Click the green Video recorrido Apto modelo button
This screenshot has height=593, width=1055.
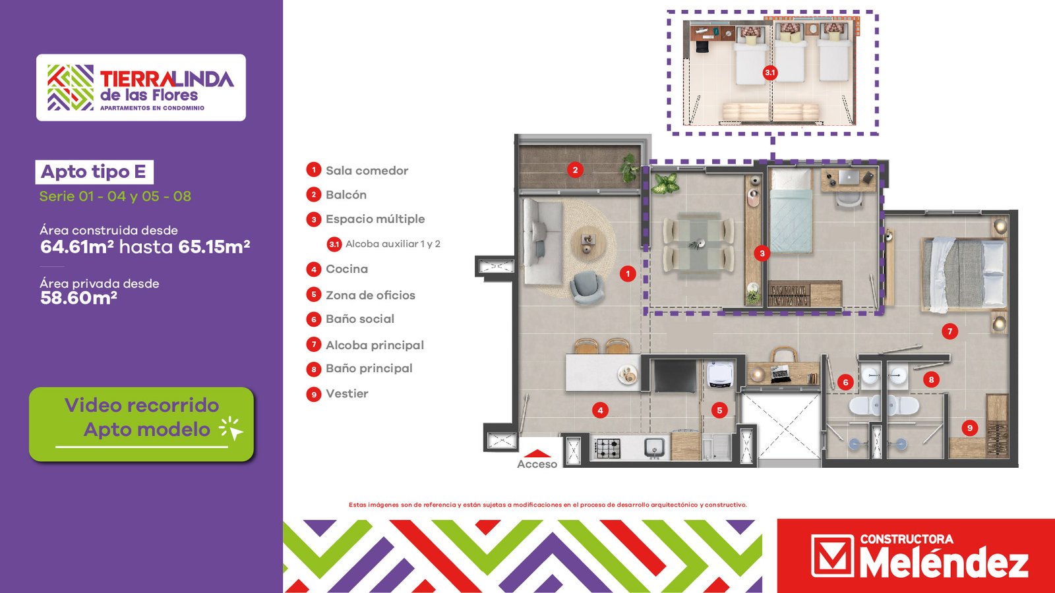pos(141,424)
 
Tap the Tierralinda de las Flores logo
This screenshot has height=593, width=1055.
pos(141,88)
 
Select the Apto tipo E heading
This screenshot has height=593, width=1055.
pos(94,172)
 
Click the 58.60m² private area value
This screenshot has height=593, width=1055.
pos(78,298)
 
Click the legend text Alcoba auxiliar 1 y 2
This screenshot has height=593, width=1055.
pos(393,244)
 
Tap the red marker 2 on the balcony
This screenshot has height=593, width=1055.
pos(575,170)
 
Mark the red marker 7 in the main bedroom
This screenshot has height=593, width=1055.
pos(950,331)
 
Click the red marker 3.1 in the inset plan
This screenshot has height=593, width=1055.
pos(770,72)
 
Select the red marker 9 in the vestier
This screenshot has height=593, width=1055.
pos(969,428)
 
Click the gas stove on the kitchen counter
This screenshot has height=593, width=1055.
pos(608,448)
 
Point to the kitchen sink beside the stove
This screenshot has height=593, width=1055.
pos(655,447)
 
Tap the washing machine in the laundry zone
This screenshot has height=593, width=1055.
pos(720,375)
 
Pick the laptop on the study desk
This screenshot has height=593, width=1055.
pos(849,177)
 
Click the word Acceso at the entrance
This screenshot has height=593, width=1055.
pos(537,464)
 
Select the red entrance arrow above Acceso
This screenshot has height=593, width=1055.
pos(537,453)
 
